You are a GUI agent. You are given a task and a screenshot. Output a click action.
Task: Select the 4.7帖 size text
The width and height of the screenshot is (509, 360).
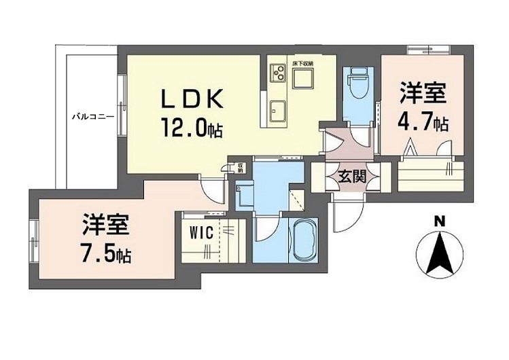[x=422, y=124]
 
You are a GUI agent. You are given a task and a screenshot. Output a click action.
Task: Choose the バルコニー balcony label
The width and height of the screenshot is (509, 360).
[x=93, y=117]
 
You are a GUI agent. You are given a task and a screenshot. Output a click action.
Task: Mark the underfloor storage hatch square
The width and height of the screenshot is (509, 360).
[x=302, y=79]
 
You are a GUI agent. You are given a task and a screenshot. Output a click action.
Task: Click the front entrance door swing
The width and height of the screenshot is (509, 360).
[x=345, y=219]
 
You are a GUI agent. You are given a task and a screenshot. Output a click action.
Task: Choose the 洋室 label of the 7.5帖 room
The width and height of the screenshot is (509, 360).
[x=107, y=224]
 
